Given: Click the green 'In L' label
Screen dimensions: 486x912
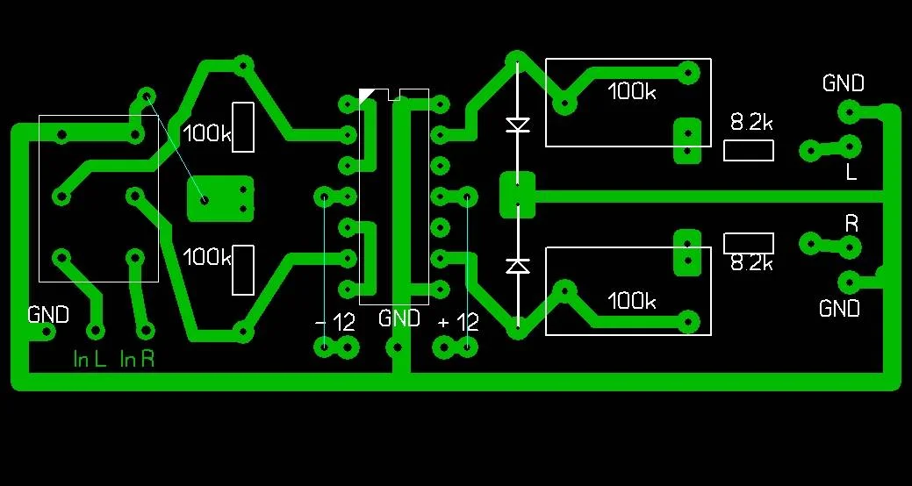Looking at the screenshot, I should coord(90,359).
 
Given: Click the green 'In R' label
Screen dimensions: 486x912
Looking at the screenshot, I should coord(138,359).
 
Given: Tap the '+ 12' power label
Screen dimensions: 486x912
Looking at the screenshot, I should coord(458,322).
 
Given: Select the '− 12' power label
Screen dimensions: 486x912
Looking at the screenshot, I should coord(335,322).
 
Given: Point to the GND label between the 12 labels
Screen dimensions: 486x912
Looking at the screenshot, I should coord(399,318).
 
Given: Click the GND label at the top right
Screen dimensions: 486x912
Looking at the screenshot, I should coord(843,83).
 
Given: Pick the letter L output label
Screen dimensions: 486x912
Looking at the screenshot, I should coord(851,172).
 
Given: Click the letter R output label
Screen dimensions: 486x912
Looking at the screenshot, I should coord(851,224).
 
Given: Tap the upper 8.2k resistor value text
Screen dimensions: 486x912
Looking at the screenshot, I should coord(751,123).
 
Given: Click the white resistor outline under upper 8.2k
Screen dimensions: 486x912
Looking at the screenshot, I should coord(749,150).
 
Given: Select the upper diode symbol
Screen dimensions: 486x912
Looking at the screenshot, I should coord(518,125).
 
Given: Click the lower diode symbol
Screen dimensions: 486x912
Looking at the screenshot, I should coord(518,265).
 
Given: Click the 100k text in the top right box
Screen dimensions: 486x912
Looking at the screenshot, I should coord(632,92).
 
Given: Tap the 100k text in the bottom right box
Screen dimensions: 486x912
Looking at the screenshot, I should coord(632,301).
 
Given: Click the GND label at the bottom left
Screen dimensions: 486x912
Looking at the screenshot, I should coord(47,314).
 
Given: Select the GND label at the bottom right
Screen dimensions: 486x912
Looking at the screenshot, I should coord(839,309).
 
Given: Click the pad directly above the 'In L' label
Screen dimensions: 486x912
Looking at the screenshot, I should coord(95,330).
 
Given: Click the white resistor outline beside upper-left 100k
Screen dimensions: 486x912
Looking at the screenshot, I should coord(243,127).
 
